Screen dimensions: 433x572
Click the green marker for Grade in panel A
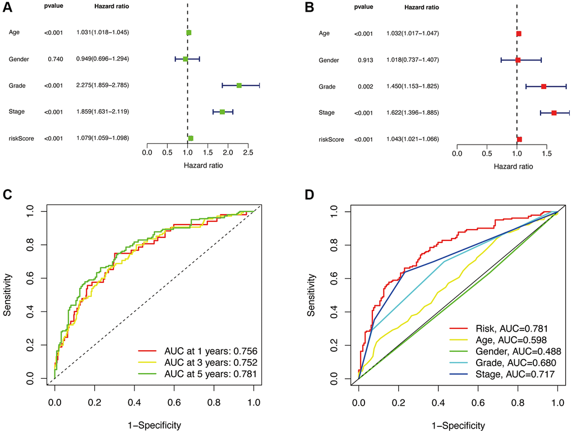coord(239,86)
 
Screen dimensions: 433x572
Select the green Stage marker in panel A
coord(222,111)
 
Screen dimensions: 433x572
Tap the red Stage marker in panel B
coord(554,113)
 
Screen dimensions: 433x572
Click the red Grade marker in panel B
coord(544,86)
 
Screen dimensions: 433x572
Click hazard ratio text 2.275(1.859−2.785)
coord(103,86)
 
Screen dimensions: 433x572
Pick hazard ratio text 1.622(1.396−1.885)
coord(413,113)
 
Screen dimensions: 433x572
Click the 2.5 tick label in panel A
coord(248,152)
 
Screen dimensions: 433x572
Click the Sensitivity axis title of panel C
coord(8,295)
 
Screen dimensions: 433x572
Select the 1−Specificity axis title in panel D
coord(458,425)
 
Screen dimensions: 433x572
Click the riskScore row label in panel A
coord(21,138)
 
